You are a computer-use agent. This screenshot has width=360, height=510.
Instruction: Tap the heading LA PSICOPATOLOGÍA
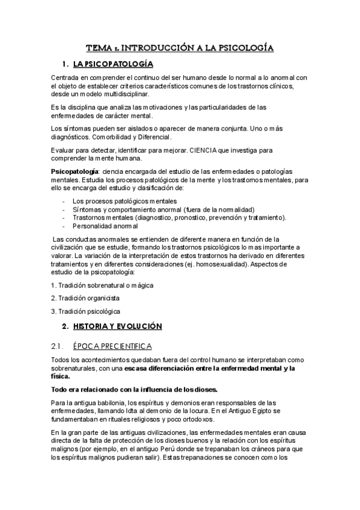(112, 64)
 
